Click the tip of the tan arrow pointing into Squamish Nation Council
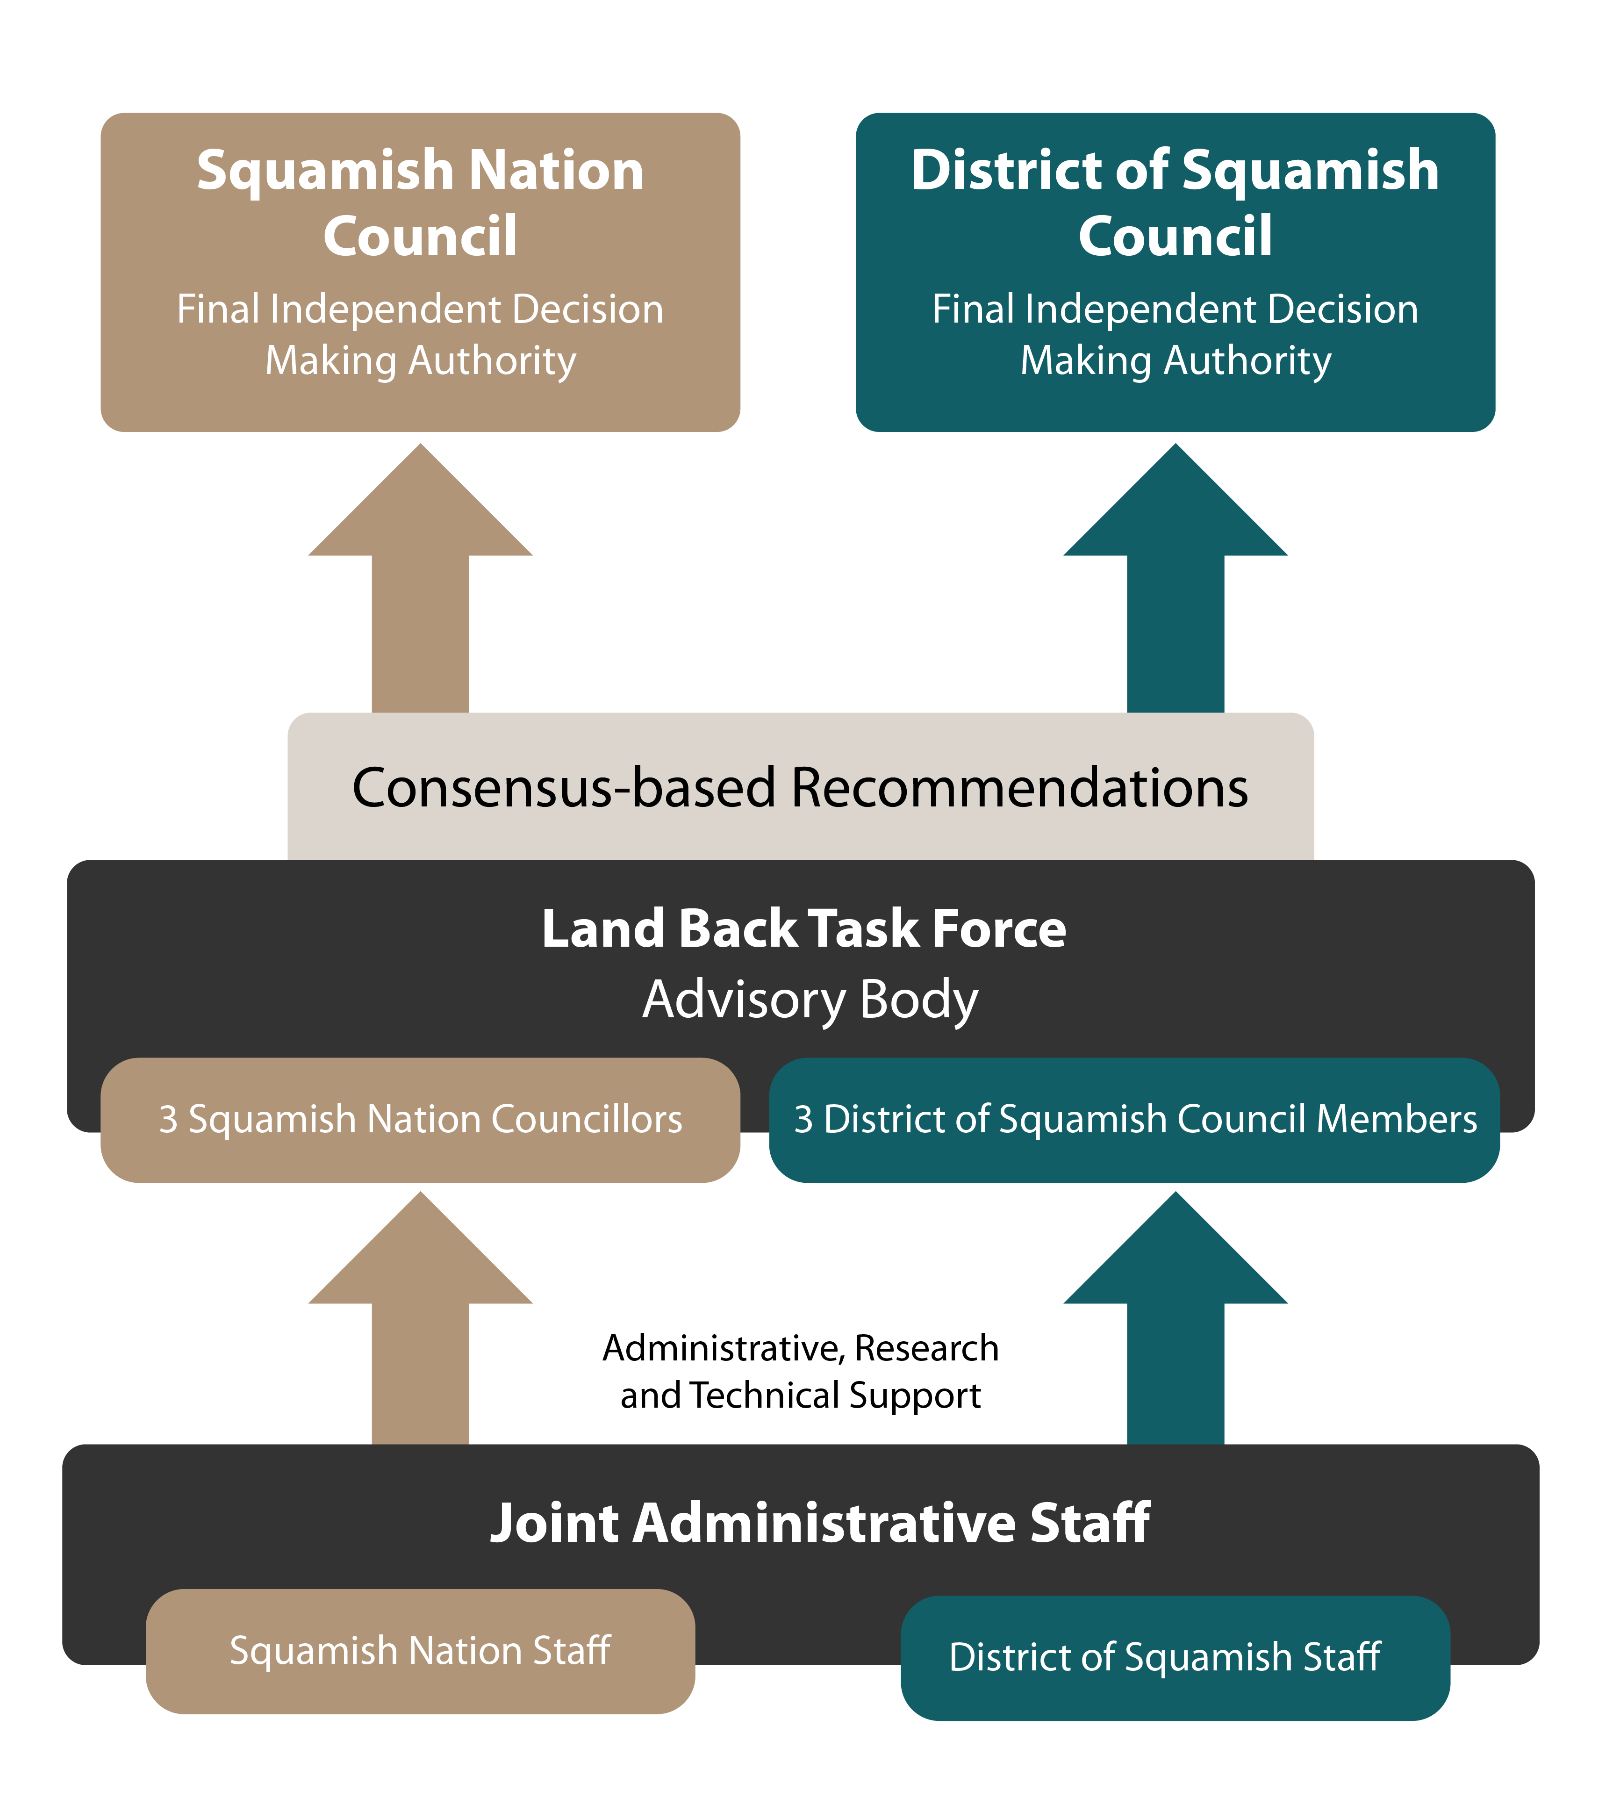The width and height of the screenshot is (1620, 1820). point(420,444)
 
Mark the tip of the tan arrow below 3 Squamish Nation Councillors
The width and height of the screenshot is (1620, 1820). point(420,1192)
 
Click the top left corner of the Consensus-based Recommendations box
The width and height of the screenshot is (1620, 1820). point(288,713)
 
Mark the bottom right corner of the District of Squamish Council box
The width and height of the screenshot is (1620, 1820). point(1494,431)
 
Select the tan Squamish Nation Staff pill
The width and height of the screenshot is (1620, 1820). point(420,1652)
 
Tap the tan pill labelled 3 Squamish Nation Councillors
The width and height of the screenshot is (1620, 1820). point(420,1120)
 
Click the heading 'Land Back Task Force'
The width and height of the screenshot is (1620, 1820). point(804,928)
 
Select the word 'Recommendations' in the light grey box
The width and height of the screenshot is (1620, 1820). point(1020,788)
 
